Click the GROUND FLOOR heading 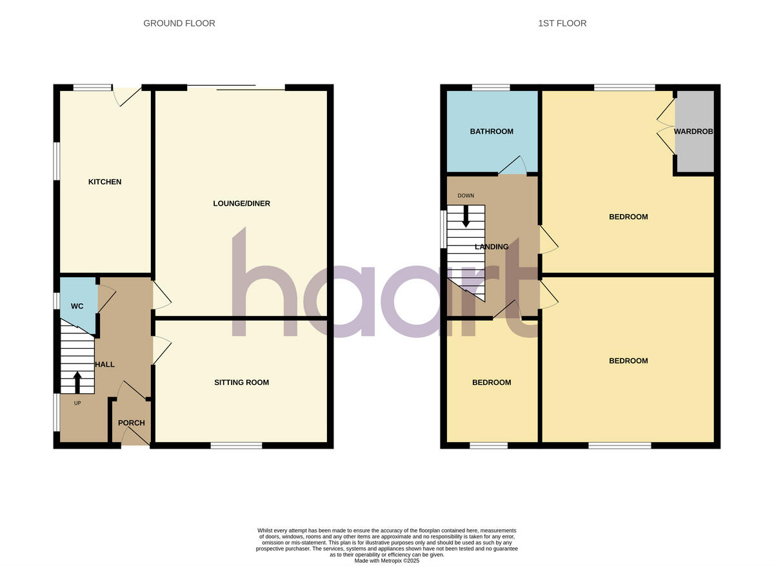(x=179, y=23)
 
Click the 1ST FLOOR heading (x=562, y=23)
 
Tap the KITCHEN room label (x=104, y=182)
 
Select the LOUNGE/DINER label (x=242, y=204)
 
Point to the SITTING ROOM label (x=242, y=382)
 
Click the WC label (x=77, y=306)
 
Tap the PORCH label (x=132, y=423)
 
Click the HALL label (x=105, y=364)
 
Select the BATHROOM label (x=491, y=132)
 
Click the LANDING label (x=491, y=247)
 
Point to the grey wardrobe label (x=694, y=132)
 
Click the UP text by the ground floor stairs (x=77, y=404)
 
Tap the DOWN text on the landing (x=466, y=195)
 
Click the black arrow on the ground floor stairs (x=77, y=381)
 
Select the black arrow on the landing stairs (x=466, y=217)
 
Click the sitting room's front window (x=236, y=445)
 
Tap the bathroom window (x=491, y=88)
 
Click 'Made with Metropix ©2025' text (x=387, y=561)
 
